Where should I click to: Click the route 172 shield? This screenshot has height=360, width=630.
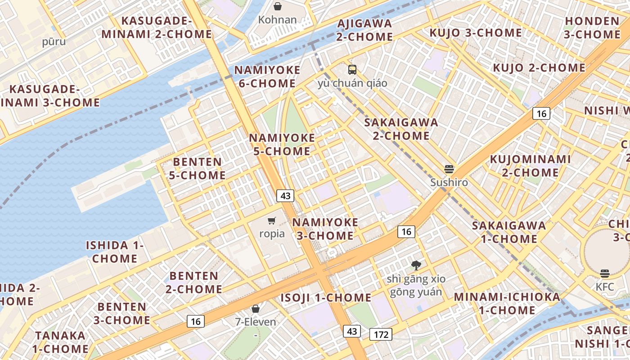coord(381,334)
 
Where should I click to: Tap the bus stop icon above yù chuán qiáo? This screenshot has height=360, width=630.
coord(352,70)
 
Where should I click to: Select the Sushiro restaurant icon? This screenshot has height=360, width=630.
coord(449,169)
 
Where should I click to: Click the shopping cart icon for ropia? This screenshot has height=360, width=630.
coord(271,220)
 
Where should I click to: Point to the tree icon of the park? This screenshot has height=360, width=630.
coord(416,265)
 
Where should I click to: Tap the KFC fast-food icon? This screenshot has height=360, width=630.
coord(604,274)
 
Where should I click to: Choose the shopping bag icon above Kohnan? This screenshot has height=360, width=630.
coord(278,6)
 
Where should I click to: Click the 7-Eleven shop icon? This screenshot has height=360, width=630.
coord(256,309)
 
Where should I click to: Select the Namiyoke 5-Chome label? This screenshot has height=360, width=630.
coord(282,144)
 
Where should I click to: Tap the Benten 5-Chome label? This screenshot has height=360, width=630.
coord(197,168)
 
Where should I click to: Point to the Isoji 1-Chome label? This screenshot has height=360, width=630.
coord(326,298)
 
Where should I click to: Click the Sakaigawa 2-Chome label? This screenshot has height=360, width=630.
coord(401,129)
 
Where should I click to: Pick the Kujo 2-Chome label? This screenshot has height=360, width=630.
coord(539,68)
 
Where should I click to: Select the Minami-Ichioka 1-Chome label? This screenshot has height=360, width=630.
coord(507,303)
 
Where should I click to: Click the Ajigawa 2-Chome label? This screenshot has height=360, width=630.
coord(364,30)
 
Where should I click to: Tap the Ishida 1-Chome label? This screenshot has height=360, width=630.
coord(115,252)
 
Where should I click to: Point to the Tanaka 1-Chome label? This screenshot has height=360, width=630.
coord(61,342)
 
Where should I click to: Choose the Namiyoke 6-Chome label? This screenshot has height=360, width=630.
coord(267,76)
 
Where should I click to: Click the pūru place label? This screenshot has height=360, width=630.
coord(54,42)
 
